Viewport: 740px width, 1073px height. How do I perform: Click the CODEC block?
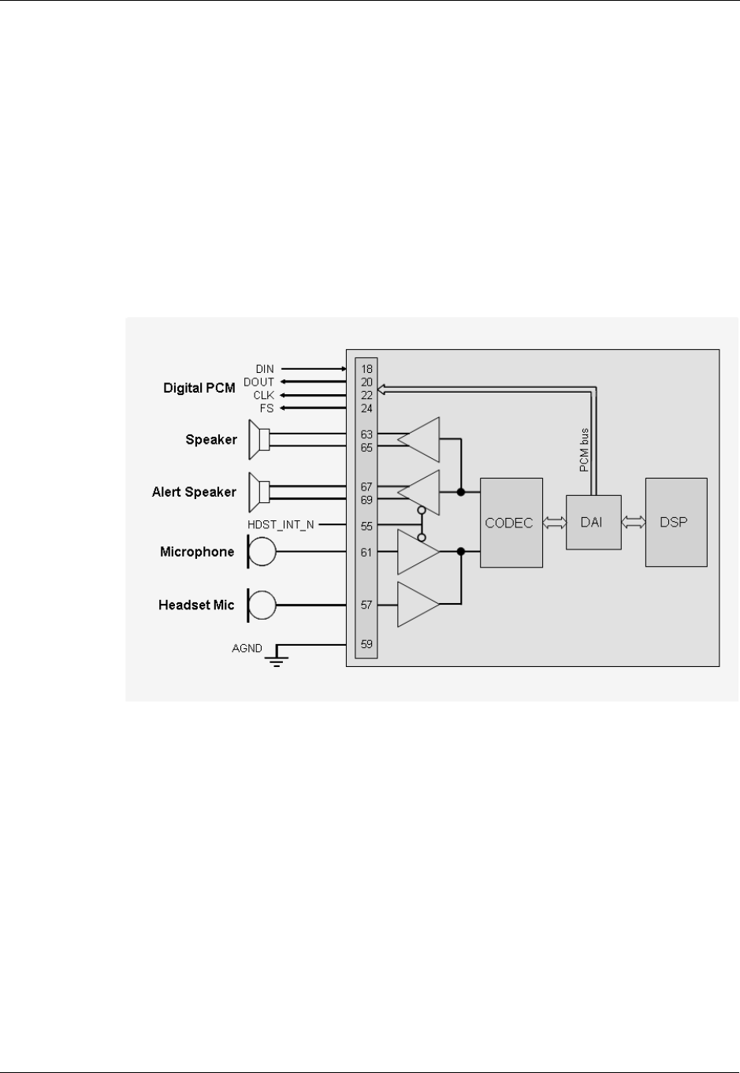tap(511, 522)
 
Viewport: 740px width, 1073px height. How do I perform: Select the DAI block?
tap(593, 522)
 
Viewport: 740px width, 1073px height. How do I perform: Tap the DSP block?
tap(675, 522)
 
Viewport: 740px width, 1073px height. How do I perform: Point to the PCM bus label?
tap(584, 451)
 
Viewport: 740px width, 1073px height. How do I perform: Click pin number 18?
tap(366, 369)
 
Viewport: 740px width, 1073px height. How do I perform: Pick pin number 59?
tap(366, 644)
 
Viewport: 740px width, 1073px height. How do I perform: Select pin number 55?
tap(366, 526)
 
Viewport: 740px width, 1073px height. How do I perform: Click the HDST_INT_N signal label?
tap(281, 525)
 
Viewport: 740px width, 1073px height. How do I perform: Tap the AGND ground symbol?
tap(277, 658)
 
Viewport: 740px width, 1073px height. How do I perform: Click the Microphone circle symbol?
tap(262, 552)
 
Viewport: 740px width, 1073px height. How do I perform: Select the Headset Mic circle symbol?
tap(262, 605)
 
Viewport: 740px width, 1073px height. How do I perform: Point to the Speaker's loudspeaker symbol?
tap(259, 440)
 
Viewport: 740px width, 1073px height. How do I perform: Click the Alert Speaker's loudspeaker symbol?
tap(259, 493)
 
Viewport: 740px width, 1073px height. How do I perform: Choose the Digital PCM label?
tap(199, 388)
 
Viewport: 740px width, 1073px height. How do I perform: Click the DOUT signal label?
tap(258, 382)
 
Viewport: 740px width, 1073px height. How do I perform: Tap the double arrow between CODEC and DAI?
tap(554, 522)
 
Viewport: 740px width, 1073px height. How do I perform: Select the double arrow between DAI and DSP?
tap(633, 522)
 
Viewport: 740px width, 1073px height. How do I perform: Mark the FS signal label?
tap(266, 408)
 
